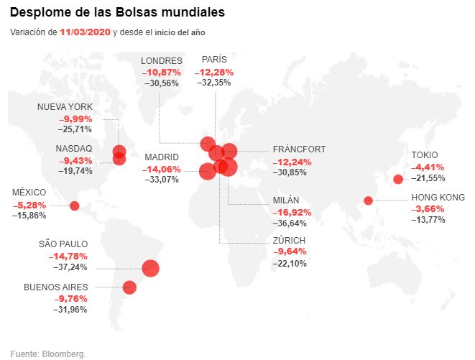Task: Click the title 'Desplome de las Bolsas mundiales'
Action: click(x=117, y=13)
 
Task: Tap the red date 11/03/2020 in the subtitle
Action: click(x=86, y=32)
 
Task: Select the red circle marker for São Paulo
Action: click(x=150, y=268)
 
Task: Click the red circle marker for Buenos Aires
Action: click(x=129, y=287)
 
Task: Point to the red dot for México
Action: click(x=74, y=206)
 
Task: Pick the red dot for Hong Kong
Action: click(x=368, y=200)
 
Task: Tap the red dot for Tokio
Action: click(x=398, y=179)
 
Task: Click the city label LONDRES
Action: click(x=162, y=61)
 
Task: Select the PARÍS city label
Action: click(x=215, y=61)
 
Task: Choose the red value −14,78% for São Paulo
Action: click(x=68, y=256)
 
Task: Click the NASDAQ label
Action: click(x=74, y=149)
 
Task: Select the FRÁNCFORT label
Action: click(x=299, y=149)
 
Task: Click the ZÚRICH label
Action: click(x=289, y=240)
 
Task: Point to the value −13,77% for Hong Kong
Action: click(x=428, y=219)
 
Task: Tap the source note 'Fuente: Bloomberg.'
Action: click(x=47, y=354)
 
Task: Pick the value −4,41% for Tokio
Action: click(x=428, y=167)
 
